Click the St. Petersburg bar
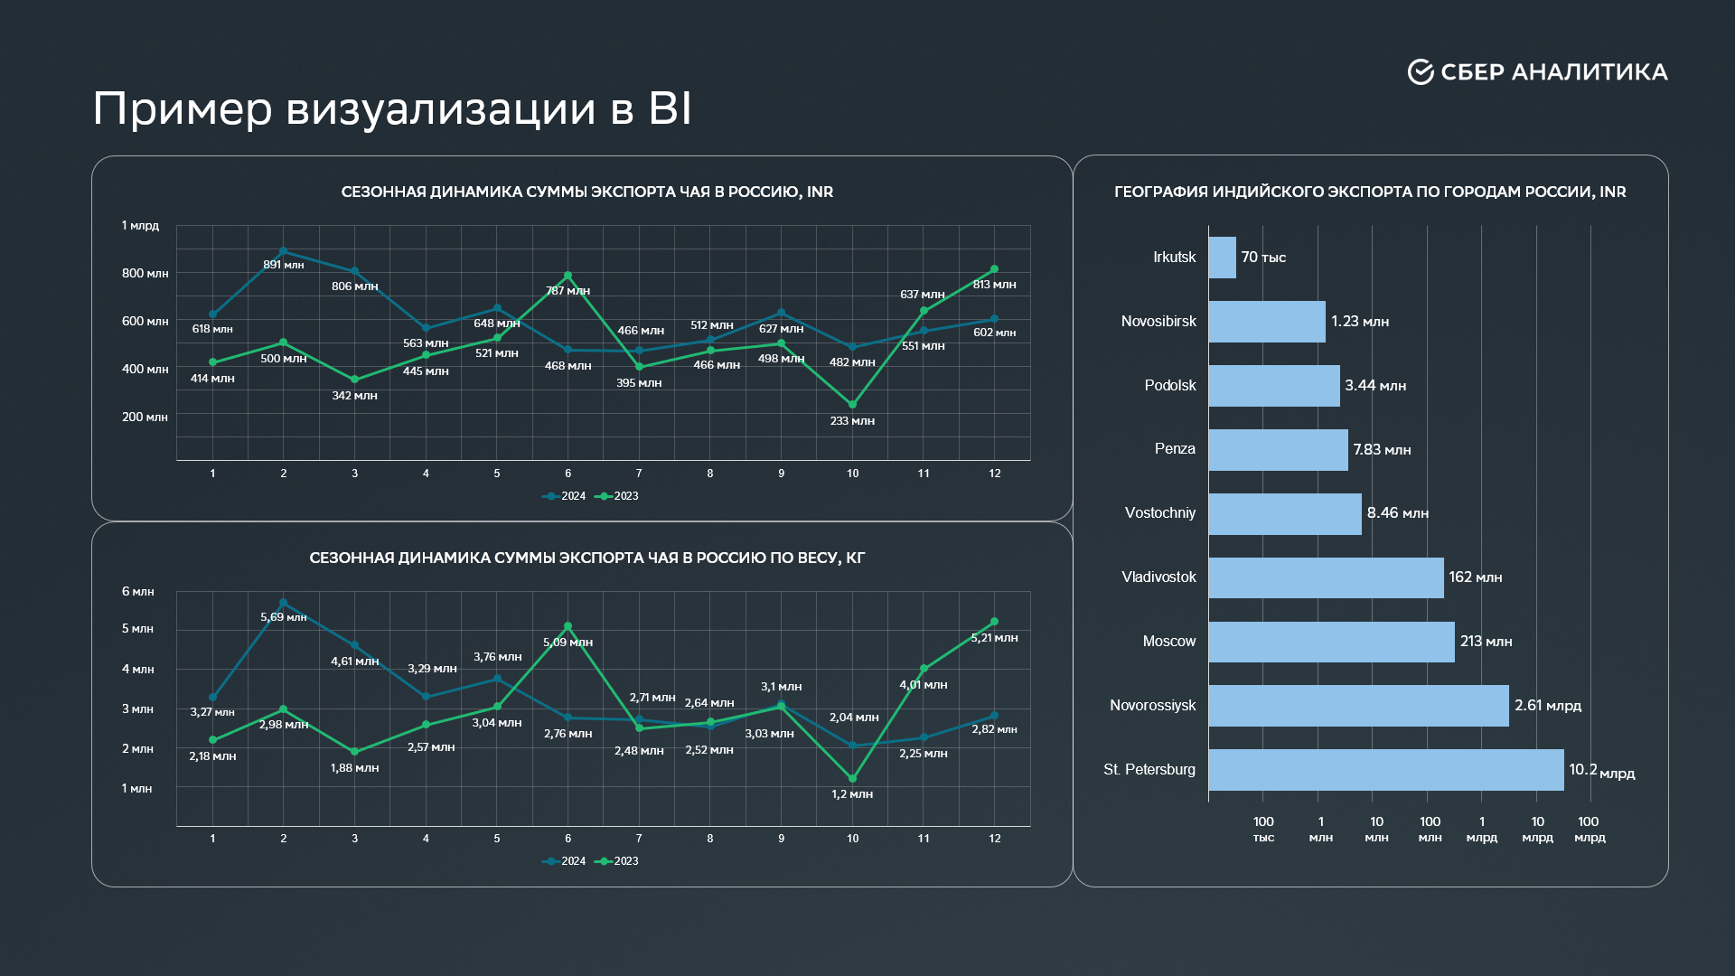click(1385, 770)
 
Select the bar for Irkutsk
click(1222, 258)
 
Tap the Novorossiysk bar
click(1358, 706)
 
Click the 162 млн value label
click(1475, 577)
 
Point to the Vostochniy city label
click(1159, 513)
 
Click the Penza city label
click(1174, 449)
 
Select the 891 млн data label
click(283, 265)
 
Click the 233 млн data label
click(852, 421)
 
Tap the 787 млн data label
click(567, 291)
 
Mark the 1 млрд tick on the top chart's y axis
click(140, 226)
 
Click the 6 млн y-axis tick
click(137, 592)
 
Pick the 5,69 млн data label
click(284, 617)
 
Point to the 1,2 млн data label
click(852, 794)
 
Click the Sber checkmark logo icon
click(1421, 72)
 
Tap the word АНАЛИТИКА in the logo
click(1590, 72)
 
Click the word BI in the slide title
click(670, 109)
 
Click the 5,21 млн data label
click(994, 638)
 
